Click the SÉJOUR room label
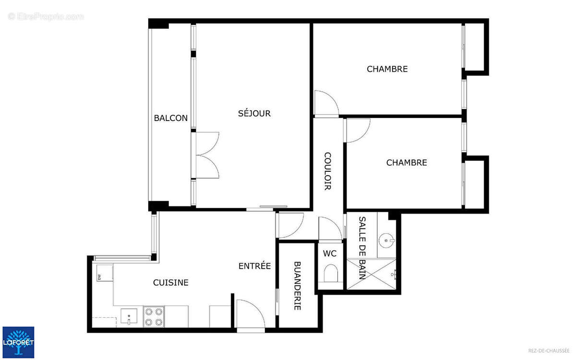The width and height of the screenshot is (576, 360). [x=254, y=114]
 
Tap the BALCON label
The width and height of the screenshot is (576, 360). [x=170, y=118]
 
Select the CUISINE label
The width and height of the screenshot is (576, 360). [x=170, y=283]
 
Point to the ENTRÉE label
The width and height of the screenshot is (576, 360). [x=255, y=266]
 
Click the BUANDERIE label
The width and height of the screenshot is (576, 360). [x=297, y=286]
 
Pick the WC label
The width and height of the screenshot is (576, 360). [x=330, y=253]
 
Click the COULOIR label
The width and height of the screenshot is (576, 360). [x=327, y=171]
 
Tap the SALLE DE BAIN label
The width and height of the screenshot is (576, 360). [x=363, y=248]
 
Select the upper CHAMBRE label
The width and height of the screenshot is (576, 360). [x=387, y=69]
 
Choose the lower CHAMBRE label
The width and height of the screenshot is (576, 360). [x=407, y=163]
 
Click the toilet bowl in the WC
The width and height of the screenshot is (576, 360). [x=331, y=275]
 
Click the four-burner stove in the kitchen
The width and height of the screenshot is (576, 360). [x=154, y=317]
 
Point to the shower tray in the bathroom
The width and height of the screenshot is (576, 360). [x=373, y=275]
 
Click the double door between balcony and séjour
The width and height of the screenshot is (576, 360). [x=207, y=155]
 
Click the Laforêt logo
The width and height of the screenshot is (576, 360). [x=18, y=342]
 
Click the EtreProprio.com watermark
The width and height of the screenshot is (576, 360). [x=46, y=17]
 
